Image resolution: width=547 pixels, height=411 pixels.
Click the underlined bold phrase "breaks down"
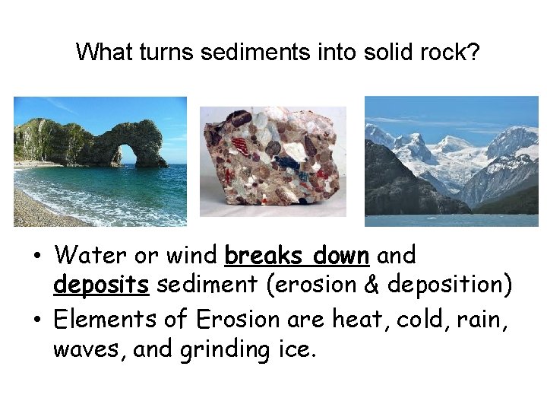(x=297, y=255)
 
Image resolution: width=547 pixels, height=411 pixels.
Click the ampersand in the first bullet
(x=369, y=285)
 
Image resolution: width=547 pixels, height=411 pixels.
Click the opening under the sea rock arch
(x=128, y=155)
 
